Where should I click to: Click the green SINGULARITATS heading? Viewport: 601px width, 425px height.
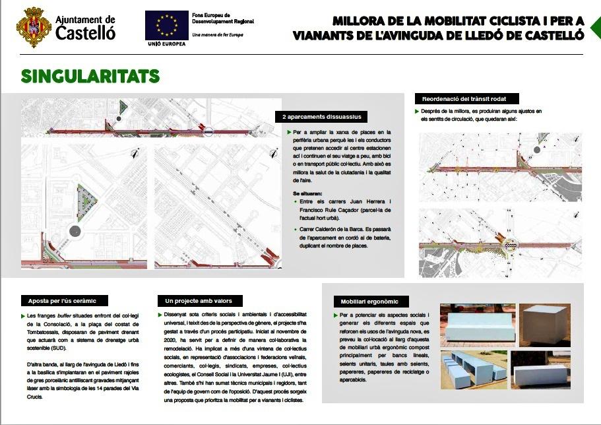pyautogui.click(x=90, y=76)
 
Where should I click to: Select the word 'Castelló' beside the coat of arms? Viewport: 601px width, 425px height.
pyautogui.click(x=86, y=33)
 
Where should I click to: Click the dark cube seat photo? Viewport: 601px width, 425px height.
pyautogui.click(x=544, y=325)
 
